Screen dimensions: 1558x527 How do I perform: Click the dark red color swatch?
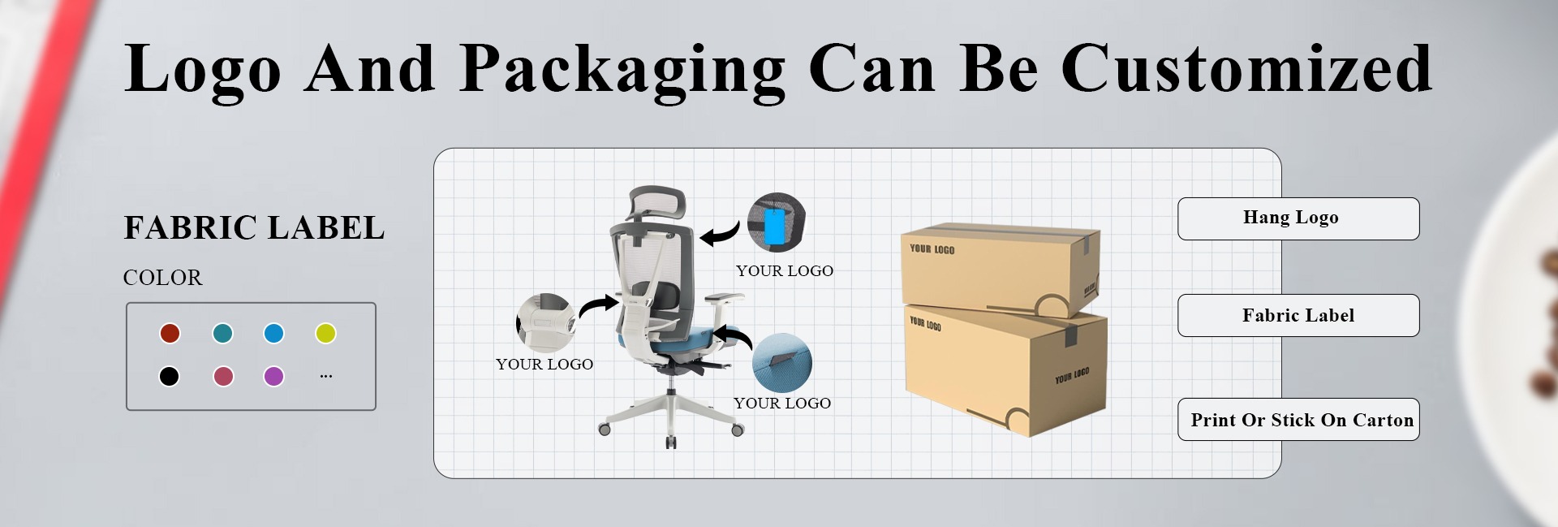(x=170, y=333)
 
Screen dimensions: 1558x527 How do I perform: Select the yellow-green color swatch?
(x=325, y=333)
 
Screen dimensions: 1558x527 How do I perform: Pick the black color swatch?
(x=169, y=376)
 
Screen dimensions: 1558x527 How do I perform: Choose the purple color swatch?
(x=273, y=376)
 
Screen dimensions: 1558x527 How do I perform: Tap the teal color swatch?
(x=222, y=333)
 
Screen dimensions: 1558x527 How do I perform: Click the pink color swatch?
(x=223, y=376)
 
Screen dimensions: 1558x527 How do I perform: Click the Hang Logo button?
(x=1298, y=218)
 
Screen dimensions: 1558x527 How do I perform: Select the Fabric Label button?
(x=1298, y=315)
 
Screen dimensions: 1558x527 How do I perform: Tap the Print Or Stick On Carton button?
(x=1298, y=420)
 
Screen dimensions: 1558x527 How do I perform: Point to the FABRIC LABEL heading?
(x=254, y=228)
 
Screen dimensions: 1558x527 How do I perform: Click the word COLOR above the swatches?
(x=162, y=278)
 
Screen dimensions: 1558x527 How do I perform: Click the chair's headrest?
(x=657, y=203)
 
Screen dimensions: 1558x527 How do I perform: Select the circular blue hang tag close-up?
(x=777, y=222)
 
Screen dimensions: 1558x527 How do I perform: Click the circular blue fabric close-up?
(x=781, y=362)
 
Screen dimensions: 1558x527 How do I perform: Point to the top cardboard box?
(x=1000, y=268)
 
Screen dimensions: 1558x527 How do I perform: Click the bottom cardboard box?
(x=1006, y=369)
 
